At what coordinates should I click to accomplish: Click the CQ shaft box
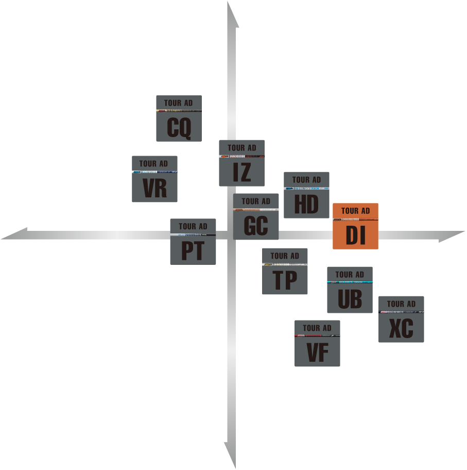pyautogui.click(x=179, y=119)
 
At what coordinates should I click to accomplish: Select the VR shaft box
pyautogui.click(x=154, y=179)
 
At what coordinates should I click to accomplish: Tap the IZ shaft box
pyautogui.click(x=241, y=163)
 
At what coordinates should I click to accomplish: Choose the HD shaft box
pyautogui.click(x=306, y=195)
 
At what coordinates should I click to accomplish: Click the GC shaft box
pyautogui.click(x=256, y=216)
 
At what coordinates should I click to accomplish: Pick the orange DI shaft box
pyautogui.click(x=355, y=226)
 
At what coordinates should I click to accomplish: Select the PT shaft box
pyautogui.click(x=193, y=242)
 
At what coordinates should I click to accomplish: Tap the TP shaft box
pyautogui.click(x=285, y=271)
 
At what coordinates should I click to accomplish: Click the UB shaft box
pyautogui.click(x=350, y=290)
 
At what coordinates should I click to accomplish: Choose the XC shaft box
pyautogui.click(x=401, y=319)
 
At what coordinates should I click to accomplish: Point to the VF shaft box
pyautogui.click(x=317, y=343)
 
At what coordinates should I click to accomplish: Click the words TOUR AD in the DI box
pyautogui.click(x=355, y=211)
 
